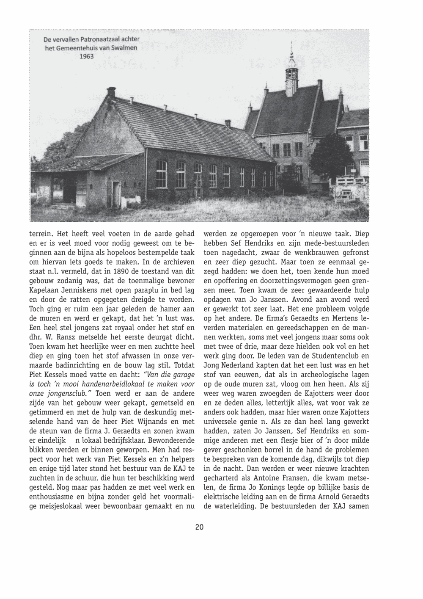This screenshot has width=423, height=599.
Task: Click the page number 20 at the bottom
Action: coord(199,527)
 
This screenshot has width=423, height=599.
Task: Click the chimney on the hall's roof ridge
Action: coord(111,92)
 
